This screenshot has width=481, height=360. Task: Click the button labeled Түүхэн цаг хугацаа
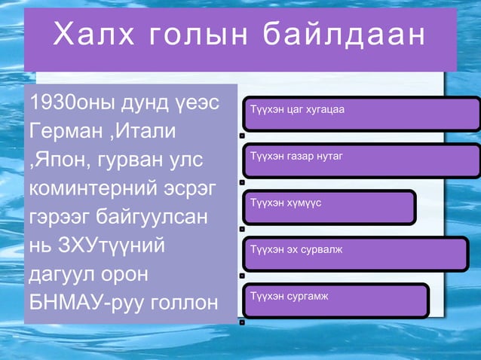[360, 114]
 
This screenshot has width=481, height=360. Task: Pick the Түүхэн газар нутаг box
[360, 160]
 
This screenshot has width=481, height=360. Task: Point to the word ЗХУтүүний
[113, 246]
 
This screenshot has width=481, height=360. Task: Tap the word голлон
[186, 303]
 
